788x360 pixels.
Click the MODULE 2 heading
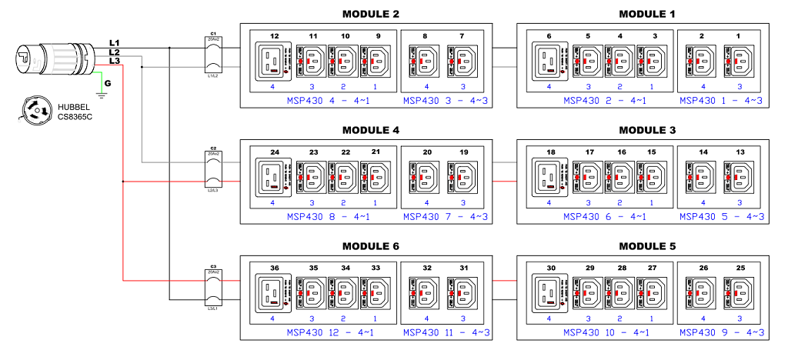pyautogui.click(x=370, y=15)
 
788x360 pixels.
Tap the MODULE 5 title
pyautogui.click(x=646, y=247)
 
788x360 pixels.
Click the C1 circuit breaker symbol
pyautogui.click(x=213, y=56)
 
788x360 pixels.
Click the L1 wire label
pyautogui.click(x=114, y=42)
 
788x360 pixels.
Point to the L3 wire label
pyautogui.click(x=114, y=61)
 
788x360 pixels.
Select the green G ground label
pyautogui.click(x=108, y=82)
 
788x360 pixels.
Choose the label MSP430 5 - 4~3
pyautogui.click(x=721, y=217)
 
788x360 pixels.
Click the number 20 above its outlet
pyautogui.click(x=427, y=152)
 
